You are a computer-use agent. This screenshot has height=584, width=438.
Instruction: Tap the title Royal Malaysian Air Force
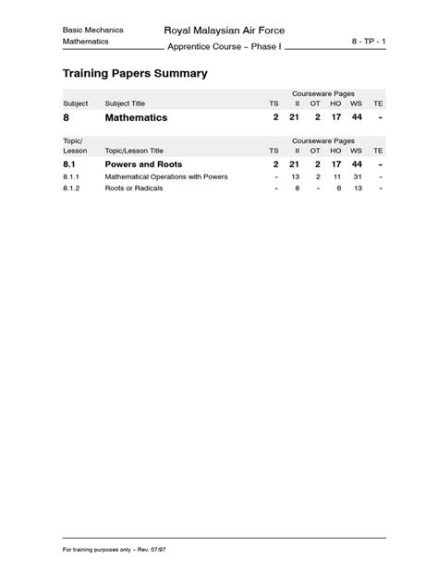[224, 30]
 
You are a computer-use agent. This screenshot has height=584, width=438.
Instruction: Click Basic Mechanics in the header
[92, 30]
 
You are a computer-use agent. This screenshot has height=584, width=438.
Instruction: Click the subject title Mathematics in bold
[136, 118]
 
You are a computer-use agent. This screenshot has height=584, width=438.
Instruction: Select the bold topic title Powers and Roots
[143, 164]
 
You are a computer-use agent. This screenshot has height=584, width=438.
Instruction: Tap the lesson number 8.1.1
[72, 176]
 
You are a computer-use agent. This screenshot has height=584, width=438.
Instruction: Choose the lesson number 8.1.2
[72, 188]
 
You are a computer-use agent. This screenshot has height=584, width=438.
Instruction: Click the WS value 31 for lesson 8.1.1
[356, 176]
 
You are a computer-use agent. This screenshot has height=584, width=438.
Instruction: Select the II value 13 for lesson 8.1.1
[296, 176]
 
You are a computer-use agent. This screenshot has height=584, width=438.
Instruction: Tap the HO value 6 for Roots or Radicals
[339, 188]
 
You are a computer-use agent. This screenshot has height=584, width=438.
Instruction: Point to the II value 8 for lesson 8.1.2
[297, 188]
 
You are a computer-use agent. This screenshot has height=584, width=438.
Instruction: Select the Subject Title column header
[126, 103]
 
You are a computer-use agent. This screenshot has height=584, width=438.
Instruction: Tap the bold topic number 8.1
[70, 164]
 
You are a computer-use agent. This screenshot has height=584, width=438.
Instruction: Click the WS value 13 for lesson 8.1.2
[356, 188]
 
